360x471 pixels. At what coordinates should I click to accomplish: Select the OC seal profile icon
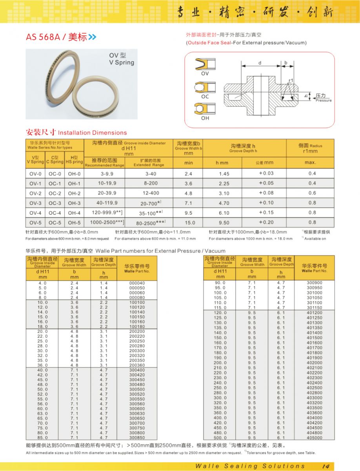coord(205,87)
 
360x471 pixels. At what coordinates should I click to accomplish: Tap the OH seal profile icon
coord(205,108)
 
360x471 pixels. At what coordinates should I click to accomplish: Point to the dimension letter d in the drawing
coord(260,63)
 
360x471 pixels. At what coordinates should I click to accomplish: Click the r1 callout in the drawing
coord(291,80)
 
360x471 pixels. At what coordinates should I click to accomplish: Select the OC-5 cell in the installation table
coord(55,223)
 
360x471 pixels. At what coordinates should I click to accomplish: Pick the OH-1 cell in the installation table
coord(74,183)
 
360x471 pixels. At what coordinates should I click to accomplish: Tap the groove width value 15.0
coord(189,223)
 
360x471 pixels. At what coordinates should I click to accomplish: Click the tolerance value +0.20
coord(266,222)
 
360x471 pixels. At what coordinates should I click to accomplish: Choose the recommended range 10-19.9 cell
coord(104,183)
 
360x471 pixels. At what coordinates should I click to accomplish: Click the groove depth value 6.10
coord(224,213)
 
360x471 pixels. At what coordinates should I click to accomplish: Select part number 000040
coord(137,283)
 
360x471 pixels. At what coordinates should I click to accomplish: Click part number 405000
coord(314,438)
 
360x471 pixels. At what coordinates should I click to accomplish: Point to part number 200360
coord(137,365)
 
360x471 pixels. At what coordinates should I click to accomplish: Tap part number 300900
coord(314,283)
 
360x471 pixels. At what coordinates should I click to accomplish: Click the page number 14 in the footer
coord(325,466)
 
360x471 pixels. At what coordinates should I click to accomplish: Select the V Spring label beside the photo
coord(122,62)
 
